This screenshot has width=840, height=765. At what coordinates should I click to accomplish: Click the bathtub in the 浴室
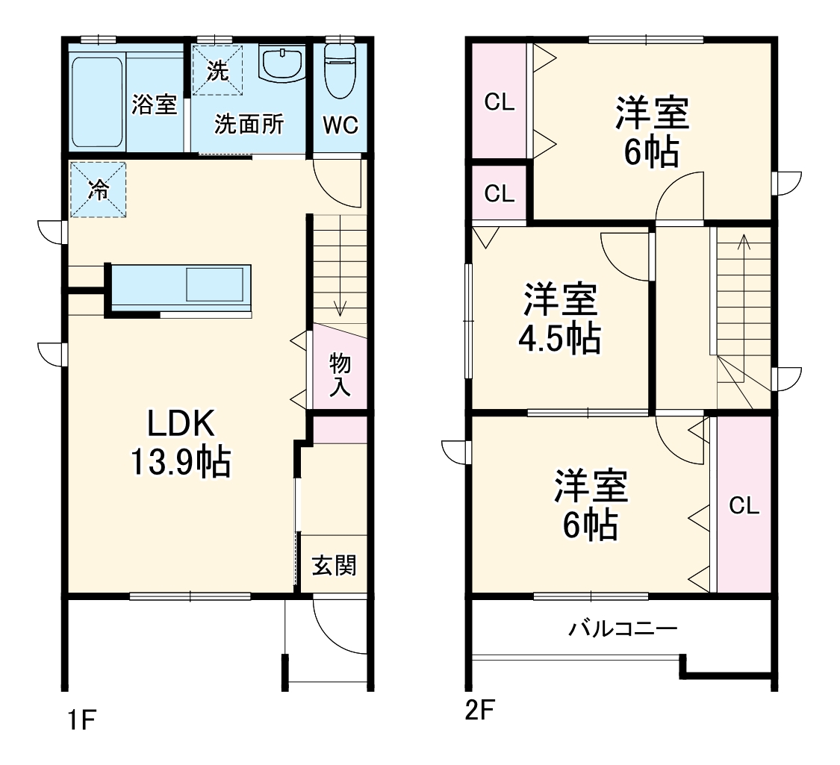[x=97, y=102]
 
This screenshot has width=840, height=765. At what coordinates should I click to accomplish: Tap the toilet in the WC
[x=340, y=71]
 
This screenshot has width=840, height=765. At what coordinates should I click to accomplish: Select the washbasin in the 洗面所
[x=281, y=64]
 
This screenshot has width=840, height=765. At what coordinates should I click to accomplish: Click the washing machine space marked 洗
[x=217, y=70]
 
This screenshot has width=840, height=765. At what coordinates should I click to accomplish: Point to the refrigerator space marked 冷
[x=98, y=190]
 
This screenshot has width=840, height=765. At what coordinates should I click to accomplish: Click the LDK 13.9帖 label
[x=181, y=442]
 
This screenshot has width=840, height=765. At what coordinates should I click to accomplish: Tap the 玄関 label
[x=334, y=565]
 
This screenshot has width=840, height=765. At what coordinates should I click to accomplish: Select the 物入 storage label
[x=340, y=374]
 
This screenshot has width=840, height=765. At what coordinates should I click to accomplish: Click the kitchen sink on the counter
[x=215, y=285]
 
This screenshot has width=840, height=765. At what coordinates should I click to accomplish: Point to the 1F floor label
[x=81, y=720]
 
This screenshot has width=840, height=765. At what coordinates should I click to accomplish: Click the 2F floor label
[x=479, y=711]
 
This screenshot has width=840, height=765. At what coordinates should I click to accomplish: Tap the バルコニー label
[x=623, y=628]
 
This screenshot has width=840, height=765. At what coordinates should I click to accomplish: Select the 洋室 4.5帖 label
[x=559, y=319]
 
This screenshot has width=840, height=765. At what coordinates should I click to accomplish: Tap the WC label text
[x=340, y=125]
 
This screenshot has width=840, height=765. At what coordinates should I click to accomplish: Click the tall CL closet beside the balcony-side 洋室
[x=744, y=505]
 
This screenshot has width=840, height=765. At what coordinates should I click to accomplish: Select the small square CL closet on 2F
[x=500, y=193]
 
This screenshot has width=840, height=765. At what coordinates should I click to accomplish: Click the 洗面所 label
[x=249, y=124]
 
